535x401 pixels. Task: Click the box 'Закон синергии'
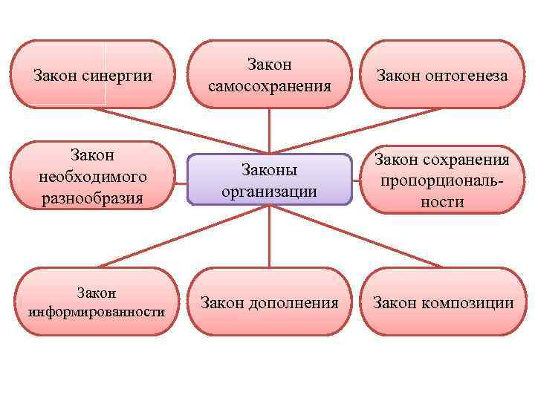94,75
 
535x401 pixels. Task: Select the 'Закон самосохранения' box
269,75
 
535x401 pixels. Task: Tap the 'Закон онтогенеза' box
442,75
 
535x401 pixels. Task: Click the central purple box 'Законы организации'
269,179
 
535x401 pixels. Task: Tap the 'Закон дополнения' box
269,302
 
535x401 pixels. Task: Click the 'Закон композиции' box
442,302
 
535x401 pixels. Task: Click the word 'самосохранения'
269,87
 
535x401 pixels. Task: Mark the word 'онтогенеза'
467,76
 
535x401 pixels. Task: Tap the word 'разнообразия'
94,198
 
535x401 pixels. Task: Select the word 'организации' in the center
269,191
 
